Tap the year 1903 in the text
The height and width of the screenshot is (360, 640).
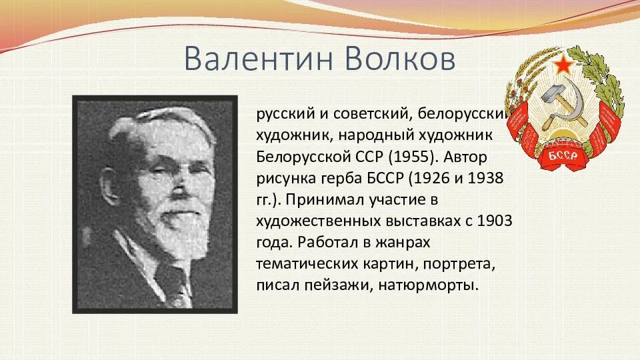click(x=494, y=221)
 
